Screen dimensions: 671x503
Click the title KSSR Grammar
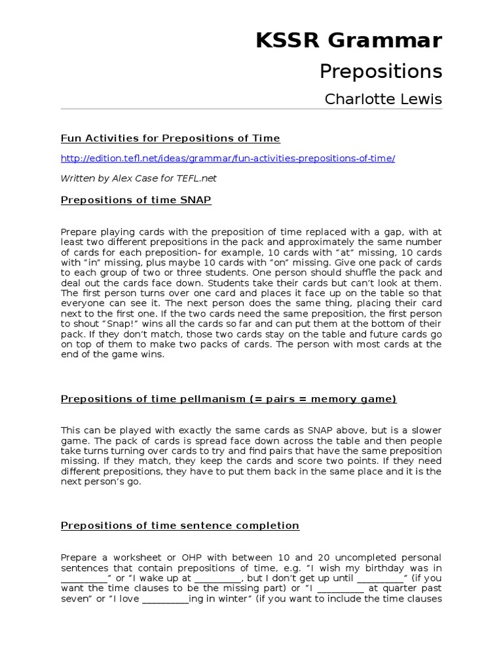point(348,41)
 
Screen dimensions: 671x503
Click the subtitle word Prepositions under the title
point(381,71)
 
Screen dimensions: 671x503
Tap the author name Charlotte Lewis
point(383,100)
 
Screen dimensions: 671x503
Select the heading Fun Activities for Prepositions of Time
point(170,138)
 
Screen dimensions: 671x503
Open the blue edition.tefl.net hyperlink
point(228,159)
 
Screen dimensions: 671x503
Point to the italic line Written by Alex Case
point(138,178)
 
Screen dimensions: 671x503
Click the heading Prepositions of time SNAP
point(136,201)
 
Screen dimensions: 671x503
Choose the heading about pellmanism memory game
point(229,399)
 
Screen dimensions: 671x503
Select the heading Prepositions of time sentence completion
point(180,526)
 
